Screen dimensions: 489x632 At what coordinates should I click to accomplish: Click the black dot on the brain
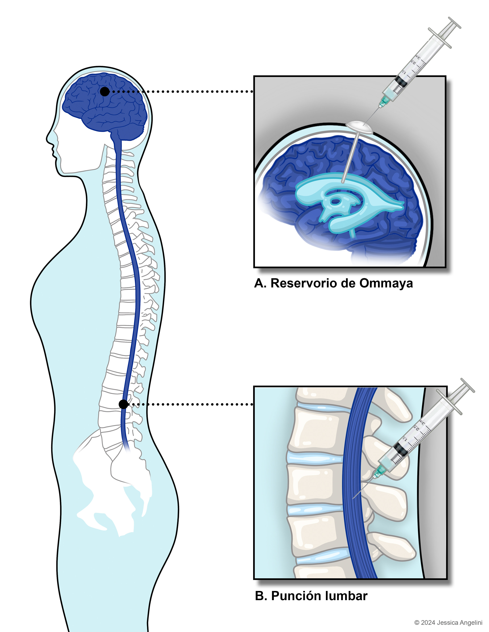pos(105,91)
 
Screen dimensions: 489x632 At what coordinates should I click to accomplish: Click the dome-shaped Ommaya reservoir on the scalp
pos(359,127)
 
